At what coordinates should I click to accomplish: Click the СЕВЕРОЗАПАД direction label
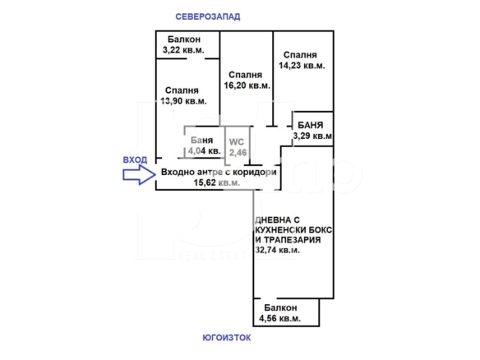point(208,16)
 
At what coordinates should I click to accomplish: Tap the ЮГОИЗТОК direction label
point(227,338)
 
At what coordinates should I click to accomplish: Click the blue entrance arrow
point(139,175)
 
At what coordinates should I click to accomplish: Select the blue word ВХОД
point(135,159)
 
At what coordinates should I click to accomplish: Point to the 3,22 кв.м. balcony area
point(183,50)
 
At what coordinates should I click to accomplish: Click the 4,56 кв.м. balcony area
point(279,318)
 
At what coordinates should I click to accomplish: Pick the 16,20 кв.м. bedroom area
point(247,85)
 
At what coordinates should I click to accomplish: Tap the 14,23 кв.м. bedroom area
point(302,66)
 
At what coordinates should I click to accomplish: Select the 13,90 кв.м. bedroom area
point(183,101)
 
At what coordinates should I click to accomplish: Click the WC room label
point(237,142)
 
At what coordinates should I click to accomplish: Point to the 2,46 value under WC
point(238,152)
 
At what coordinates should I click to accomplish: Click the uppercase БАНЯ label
point(311,125)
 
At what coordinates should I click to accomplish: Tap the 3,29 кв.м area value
point(312,136)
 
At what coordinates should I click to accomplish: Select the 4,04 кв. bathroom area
point(204,151)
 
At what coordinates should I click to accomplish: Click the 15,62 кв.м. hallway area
point(217,182)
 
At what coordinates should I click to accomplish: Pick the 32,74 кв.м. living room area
point(277,250)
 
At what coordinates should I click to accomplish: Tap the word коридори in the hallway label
point(255,173)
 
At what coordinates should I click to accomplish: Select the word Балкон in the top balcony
point(184,39)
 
